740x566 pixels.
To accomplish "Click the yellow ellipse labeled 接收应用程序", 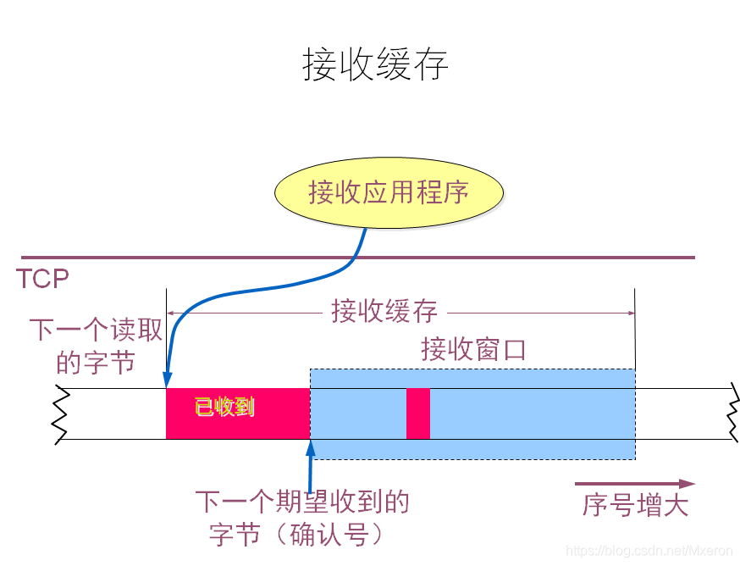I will click(389, 193).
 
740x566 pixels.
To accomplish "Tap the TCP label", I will click(42, 279).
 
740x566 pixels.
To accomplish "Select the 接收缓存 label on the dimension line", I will click(384, 312).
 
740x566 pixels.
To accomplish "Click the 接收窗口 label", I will click(473, 349).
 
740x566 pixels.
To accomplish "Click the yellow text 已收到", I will click(224, 408).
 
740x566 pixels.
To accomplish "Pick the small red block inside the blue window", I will click(418, 413).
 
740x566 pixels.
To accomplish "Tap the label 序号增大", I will click(635, 506).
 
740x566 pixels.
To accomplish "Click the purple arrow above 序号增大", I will click(635, 484).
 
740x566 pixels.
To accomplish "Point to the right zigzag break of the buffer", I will click(731, 413).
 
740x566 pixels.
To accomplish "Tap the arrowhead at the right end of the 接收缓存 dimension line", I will click(630, 314).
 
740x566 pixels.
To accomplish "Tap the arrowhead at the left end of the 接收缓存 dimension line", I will click(171, 314).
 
